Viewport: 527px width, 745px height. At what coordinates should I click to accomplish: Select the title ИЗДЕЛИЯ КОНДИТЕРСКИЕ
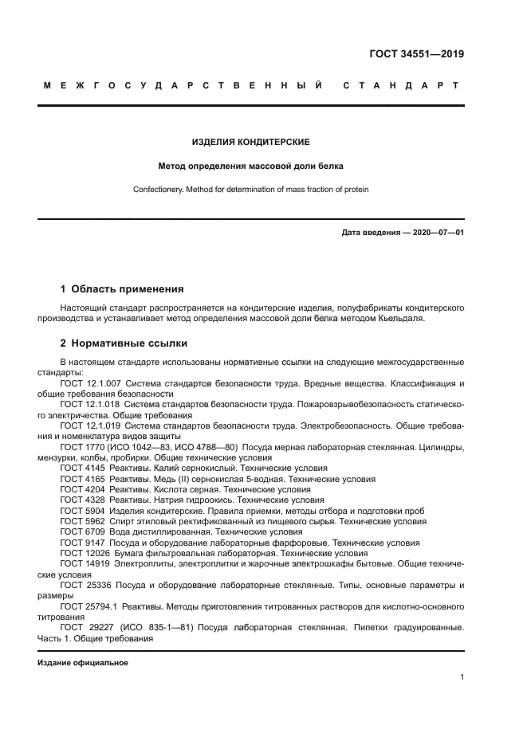tap(251, 142)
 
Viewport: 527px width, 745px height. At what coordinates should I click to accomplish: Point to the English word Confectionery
tap(159, 190)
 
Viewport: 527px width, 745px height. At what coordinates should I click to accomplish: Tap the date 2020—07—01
tap(436, 232)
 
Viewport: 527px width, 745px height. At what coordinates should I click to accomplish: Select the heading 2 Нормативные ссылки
tap(124, 343)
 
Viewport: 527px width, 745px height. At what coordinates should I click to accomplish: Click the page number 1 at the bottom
tap(462, 677)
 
